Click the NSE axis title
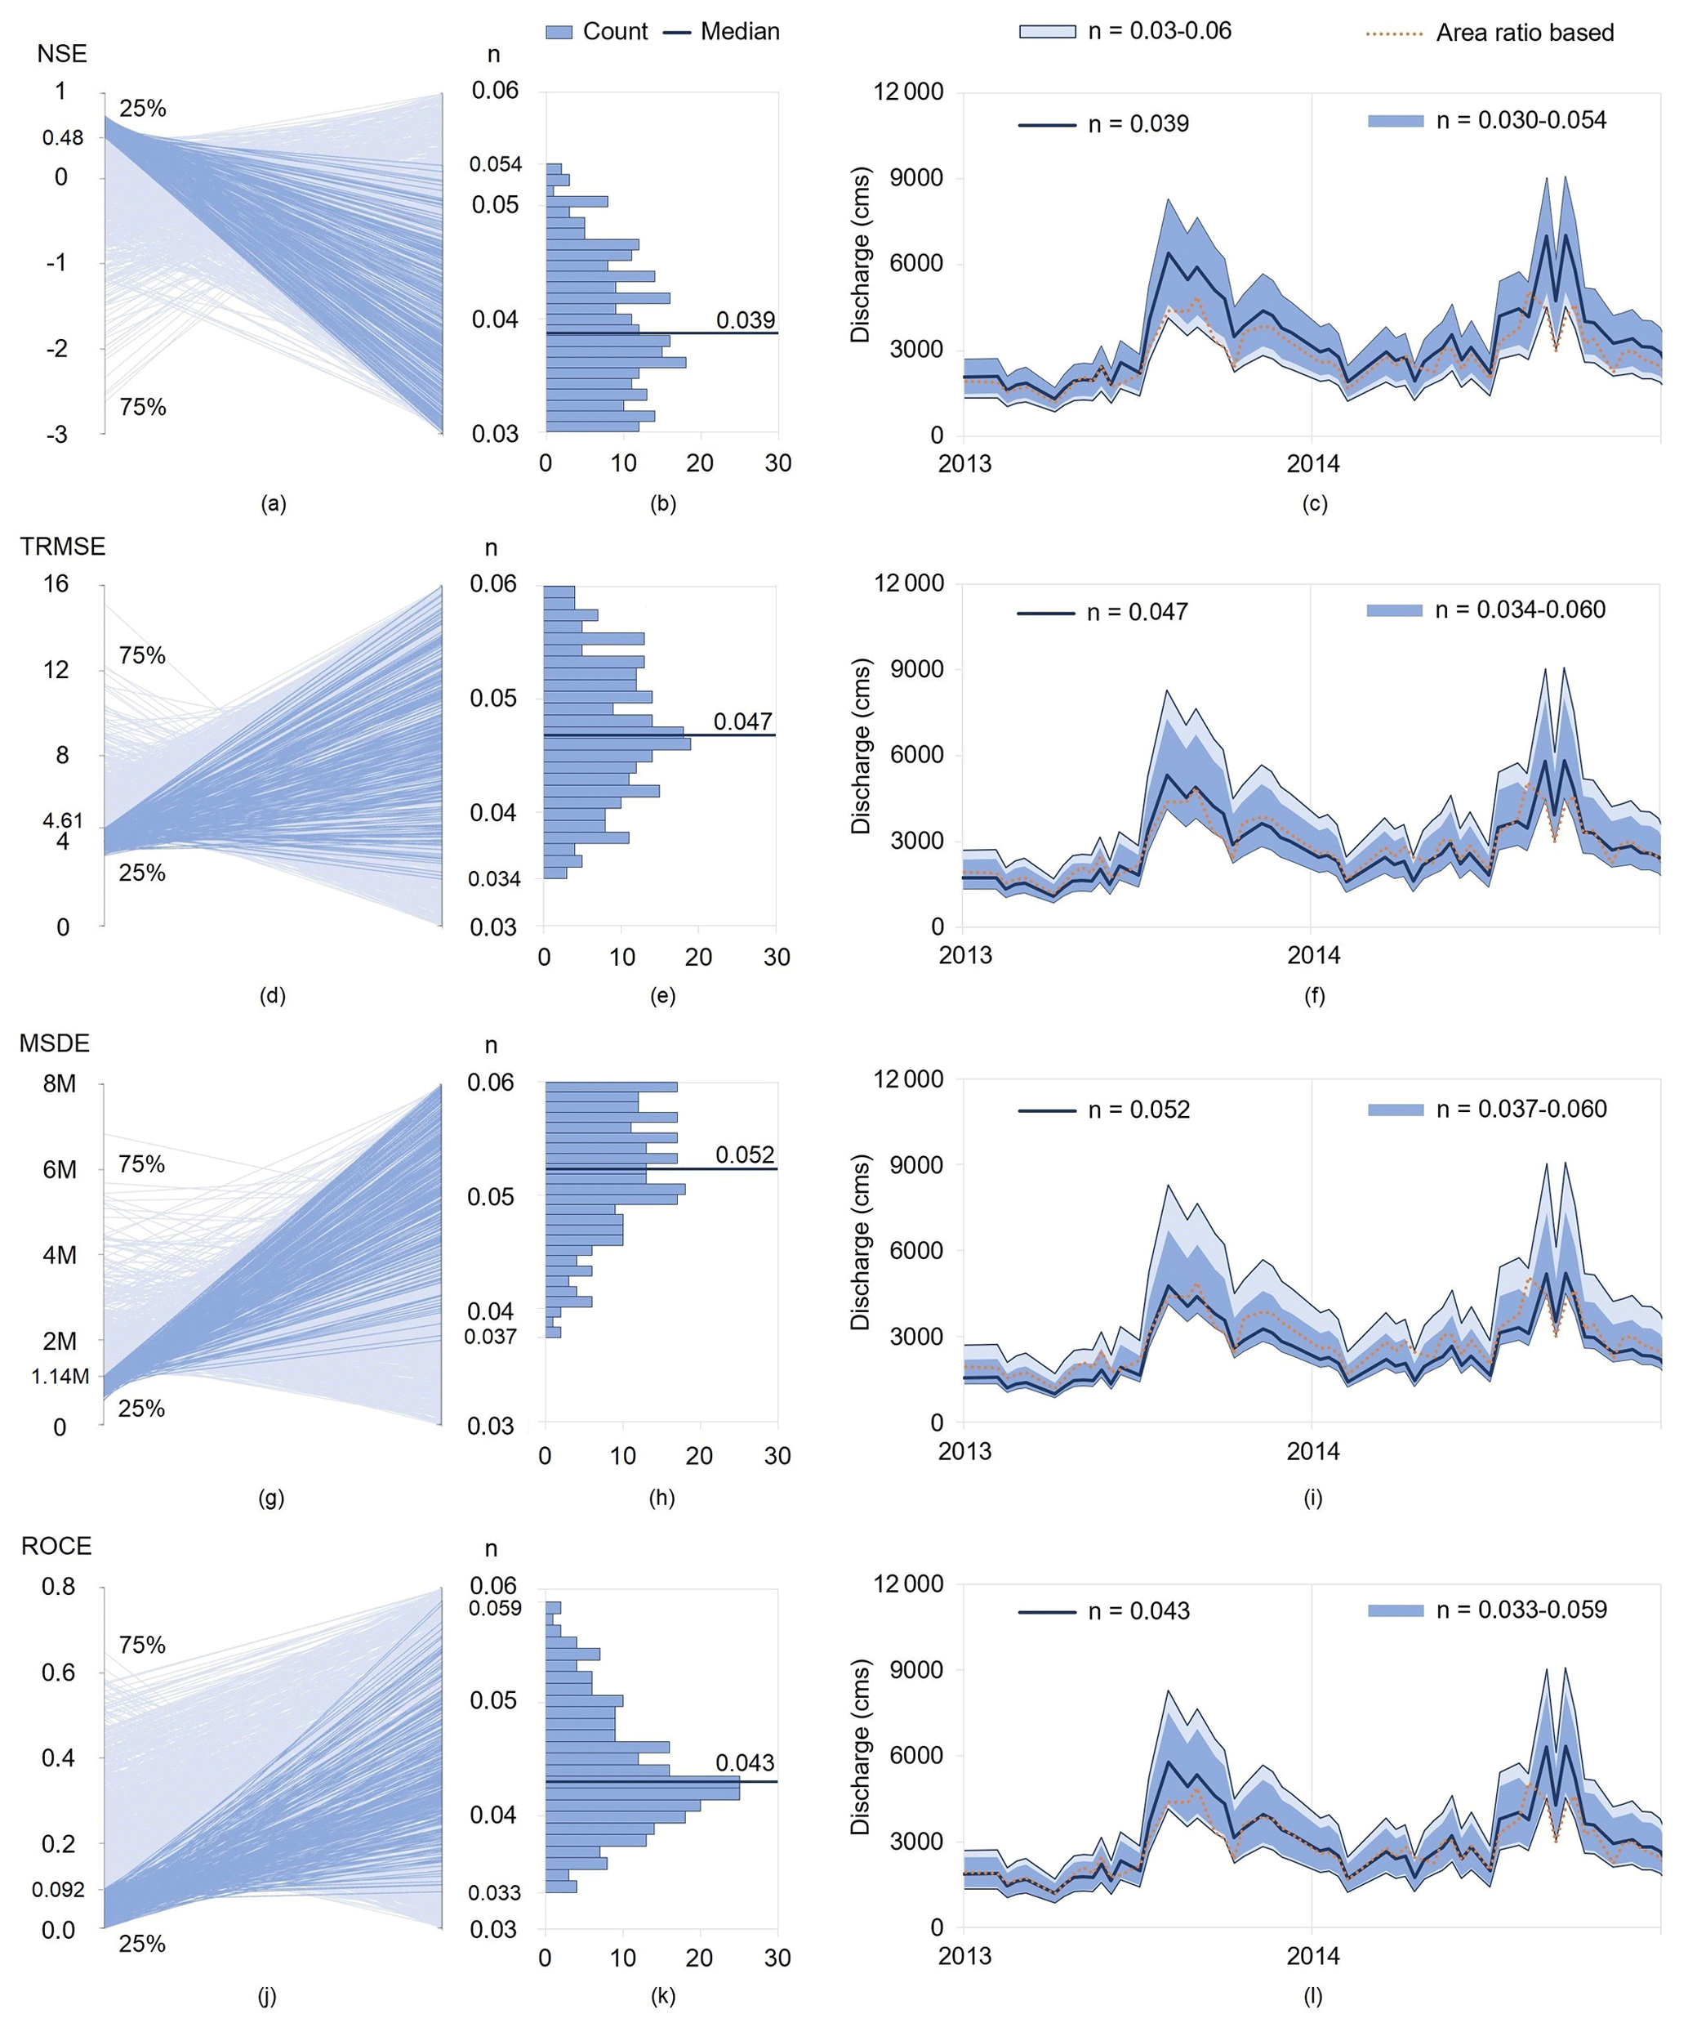(62, 54)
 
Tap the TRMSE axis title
(63, 547)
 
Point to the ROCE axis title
(56, 1546)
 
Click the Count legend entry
(597, 32)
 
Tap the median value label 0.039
(745, 320)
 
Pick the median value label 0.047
(742, 721)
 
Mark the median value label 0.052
(744, 1154)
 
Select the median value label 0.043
(744, 1763)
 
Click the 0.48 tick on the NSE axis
(63, 138)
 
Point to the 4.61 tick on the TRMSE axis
(63, 821)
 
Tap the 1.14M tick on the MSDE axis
(60, 1376)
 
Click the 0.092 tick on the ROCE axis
(58, 1890)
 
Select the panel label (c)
(1314, 503)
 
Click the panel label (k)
(661, 1996)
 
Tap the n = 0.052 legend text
(1138, 1110)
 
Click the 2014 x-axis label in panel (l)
(1312, 1955)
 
